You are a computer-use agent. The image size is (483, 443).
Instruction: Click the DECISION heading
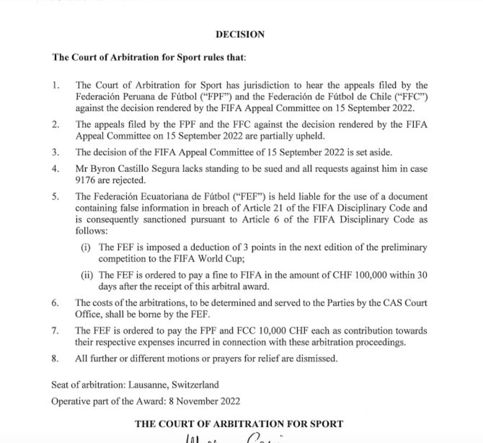click(240, 35)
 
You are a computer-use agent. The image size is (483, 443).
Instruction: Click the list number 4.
click(56, 169)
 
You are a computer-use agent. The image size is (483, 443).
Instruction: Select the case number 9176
click(85, 180)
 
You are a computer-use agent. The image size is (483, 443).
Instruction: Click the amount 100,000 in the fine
click(366, 275)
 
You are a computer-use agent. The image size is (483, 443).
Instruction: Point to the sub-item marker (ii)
click(87, 275)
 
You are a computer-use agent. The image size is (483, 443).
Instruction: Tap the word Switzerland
click(195, 385)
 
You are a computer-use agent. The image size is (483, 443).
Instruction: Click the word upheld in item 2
click(310, 136)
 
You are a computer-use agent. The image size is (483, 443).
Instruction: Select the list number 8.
click(56, 359)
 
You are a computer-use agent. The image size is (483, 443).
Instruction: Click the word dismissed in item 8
click(317, 359)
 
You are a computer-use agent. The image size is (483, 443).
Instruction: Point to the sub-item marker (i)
click(86, 247)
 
